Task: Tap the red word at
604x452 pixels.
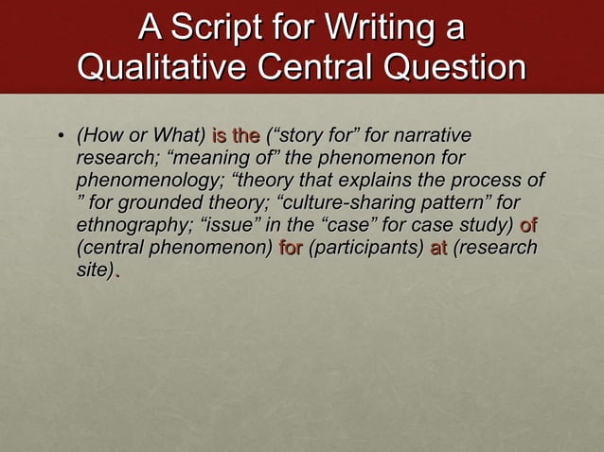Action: [437, 248]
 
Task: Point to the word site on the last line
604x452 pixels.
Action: [93, 270]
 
